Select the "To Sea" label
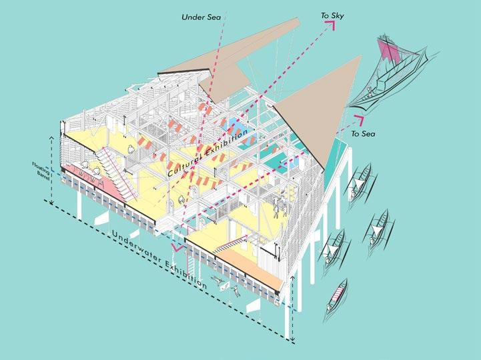pos(364,134)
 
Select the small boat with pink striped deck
pos(339,293)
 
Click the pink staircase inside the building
pos(124,173)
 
